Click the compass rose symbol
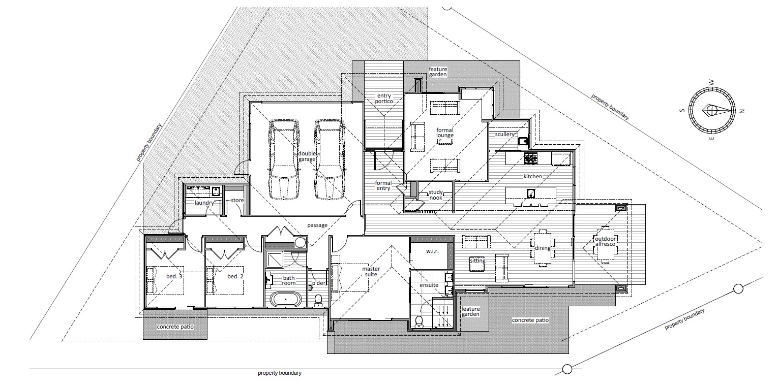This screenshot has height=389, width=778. [x=712, y=110]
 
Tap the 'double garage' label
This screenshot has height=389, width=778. [x=307, y=156]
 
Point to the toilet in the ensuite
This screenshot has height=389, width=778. [x=418, y=321]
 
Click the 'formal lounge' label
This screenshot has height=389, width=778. [x=445, y=133]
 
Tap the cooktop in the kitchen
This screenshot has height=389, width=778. [x=531, y=158]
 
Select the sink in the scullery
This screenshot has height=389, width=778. [x=522, y=141]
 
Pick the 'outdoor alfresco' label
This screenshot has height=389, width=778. [x=606, y=241]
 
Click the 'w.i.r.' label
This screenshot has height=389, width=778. [x=432, y=251]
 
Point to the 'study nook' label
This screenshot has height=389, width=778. [x=436, y=195]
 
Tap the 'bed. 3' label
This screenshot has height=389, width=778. [x=174, y=276]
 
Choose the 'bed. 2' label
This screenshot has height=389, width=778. [x=235, y=276]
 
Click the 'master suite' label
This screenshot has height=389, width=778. [x=371, y=271]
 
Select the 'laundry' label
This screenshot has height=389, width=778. [x=204, y=203]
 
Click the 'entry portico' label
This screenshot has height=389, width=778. [x=384, y=98]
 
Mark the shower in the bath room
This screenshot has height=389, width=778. [x=275, y=259]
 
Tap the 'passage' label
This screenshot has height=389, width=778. [x=317, y=225]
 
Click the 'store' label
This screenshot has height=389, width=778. [x=237, y=200]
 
